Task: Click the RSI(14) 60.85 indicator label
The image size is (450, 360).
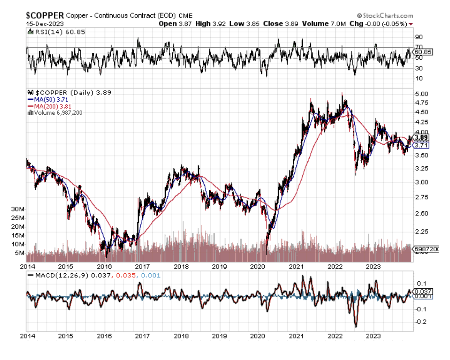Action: point(48,32)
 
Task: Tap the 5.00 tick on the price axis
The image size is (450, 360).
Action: point(421,94)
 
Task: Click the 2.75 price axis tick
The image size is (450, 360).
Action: point(421,197)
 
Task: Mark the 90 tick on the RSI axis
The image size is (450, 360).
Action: point(418,37)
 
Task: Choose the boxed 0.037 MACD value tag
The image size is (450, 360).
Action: point(422,291)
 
